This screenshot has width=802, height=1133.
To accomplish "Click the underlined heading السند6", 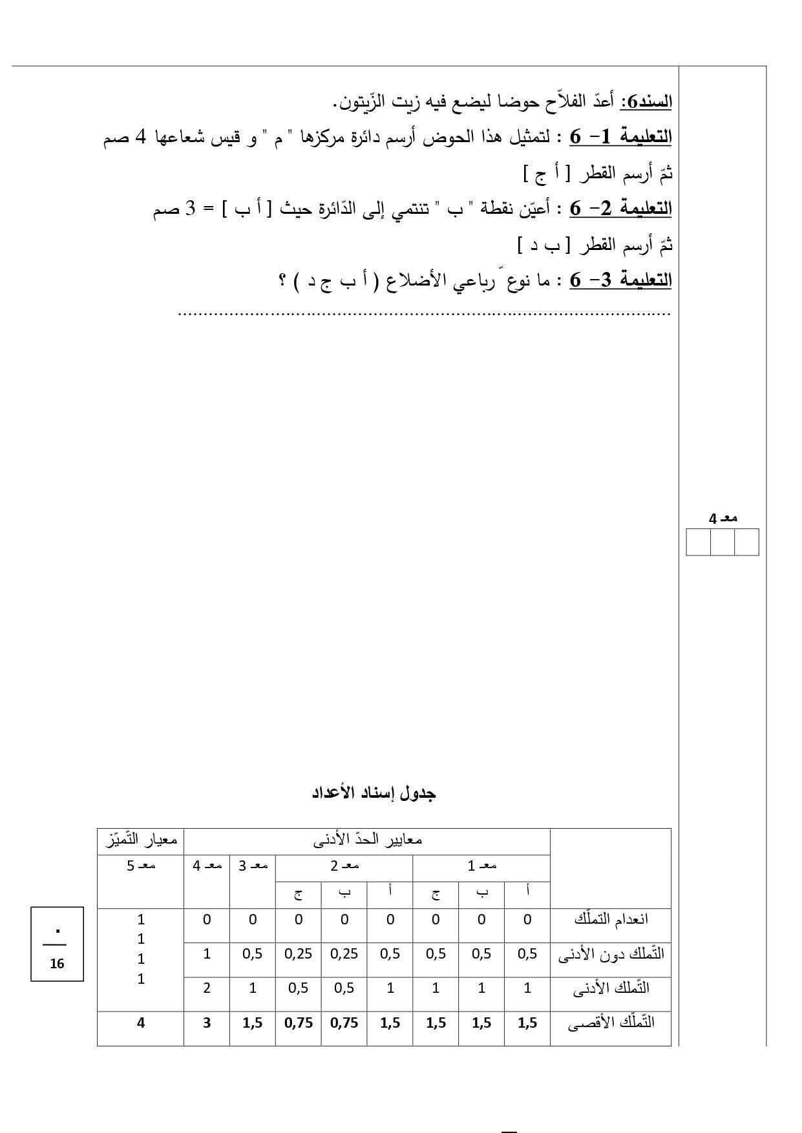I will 646,102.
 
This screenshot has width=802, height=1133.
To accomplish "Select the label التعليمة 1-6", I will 620,138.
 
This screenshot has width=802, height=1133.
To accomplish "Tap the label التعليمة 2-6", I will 620,209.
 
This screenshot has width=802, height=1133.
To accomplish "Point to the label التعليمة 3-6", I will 620,281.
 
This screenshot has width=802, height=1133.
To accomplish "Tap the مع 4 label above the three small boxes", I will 723,519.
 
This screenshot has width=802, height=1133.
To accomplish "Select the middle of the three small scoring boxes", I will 722,542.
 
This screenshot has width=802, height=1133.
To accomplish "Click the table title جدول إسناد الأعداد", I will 374,793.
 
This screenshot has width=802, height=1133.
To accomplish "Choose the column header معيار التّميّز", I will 141,841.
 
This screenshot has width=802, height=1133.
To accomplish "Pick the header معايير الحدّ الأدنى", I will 367,841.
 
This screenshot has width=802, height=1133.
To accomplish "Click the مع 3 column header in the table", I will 253,866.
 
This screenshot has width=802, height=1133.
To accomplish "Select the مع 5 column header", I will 141,866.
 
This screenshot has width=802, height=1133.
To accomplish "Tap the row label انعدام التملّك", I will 611,919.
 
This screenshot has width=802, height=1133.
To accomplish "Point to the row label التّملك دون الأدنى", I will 611,954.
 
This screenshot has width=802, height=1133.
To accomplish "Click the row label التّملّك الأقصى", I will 611,1023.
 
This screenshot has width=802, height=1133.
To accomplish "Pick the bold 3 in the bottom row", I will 207,1023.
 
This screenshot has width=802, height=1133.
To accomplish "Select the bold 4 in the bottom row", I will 141,1023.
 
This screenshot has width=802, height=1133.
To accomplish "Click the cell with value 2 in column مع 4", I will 207,988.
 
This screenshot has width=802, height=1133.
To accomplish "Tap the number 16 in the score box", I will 57,964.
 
